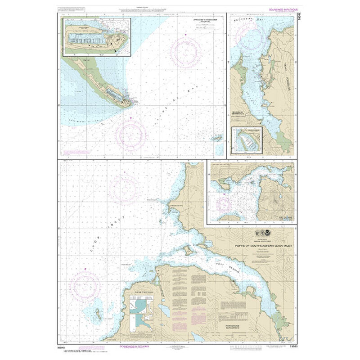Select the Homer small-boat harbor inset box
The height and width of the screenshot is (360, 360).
97,36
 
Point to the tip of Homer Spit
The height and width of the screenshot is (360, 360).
131,105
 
